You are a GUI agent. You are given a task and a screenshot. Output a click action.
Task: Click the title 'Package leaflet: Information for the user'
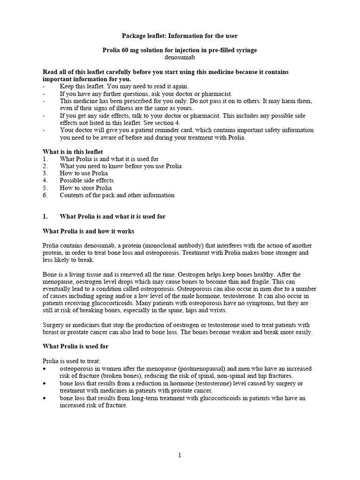(180, 36)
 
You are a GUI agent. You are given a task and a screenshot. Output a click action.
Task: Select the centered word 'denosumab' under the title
(180, 57)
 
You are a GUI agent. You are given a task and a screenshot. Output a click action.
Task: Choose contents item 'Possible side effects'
(87, 180)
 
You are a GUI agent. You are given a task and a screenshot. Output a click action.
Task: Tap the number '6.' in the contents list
(45, 195)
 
